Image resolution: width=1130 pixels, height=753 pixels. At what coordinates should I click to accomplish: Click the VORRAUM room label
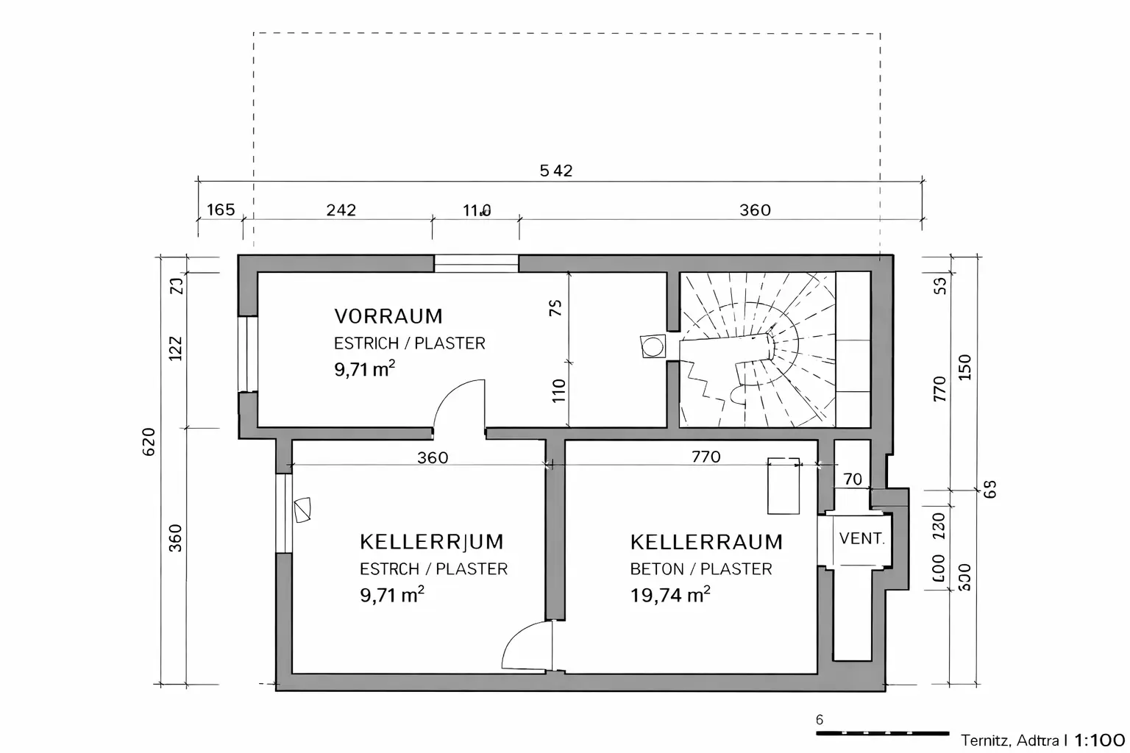[388, 316]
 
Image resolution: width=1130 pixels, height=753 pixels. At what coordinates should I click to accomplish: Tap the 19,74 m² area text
[669, 595]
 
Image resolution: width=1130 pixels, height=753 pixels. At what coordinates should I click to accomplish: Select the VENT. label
[861, 538]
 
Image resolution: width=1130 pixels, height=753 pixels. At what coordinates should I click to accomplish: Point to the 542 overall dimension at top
[555, 171]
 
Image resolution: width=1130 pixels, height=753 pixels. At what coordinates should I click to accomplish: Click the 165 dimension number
[220, 210]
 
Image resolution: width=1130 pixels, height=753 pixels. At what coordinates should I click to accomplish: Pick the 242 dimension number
[341, 210]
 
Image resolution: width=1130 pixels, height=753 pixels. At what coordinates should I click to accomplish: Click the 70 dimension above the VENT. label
[852, 479]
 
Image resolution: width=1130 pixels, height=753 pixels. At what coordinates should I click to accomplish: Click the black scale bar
[882, 733]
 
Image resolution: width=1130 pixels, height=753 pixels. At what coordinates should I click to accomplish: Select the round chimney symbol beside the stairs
[653, 346]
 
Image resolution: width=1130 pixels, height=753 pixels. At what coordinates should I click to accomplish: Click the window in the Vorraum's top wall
[476, 263]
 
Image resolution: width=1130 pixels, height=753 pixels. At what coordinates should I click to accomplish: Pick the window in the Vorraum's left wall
[246, 354]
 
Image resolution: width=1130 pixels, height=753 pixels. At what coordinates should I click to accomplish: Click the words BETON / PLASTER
[700, 569]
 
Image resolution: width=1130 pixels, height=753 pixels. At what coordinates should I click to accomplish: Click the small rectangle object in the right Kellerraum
[783, 486]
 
